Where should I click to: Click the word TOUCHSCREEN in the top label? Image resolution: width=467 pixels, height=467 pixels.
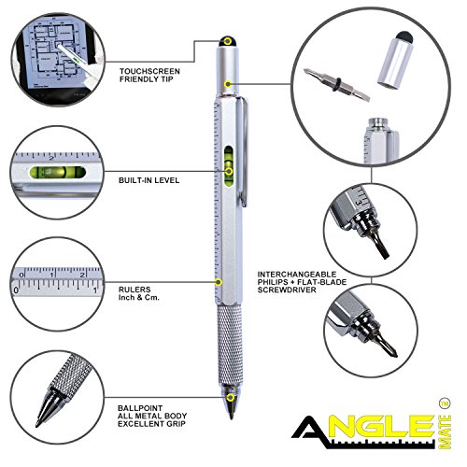coord(149,71)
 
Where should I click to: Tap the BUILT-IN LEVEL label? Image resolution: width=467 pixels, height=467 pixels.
coord(149,180)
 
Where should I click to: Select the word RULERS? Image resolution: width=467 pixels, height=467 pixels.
coord(134,290)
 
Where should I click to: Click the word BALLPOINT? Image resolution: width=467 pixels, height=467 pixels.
coord(140,408)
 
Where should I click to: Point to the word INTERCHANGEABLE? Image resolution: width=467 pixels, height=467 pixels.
coord(297,275)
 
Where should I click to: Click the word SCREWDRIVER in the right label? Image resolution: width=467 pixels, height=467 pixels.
coord(287,290)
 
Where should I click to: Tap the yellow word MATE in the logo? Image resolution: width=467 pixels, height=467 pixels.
coord(445,432)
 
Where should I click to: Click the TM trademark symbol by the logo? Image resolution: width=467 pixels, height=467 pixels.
coord(445,403)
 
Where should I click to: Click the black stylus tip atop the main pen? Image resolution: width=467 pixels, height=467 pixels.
coord(228,42)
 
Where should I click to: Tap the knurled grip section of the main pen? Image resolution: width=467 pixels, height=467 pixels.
coord(230,345)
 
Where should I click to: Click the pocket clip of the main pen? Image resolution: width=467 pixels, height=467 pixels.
coord(244,152)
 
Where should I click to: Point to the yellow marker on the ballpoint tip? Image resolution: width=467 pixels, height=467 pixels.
coord(231,398)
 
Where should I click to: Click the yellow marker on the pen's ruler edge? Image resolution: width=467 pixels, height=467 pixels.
coord(219,282)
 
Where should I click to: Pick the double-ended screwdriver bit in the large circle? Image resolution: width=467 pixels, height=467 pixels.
coord(337,84)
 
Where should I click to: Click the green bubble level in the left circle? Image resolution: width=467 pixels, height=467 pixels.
coord(58,172)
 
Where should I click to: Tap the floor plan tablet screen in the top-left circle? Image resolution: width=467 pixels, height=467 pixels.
coord(55,55)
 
